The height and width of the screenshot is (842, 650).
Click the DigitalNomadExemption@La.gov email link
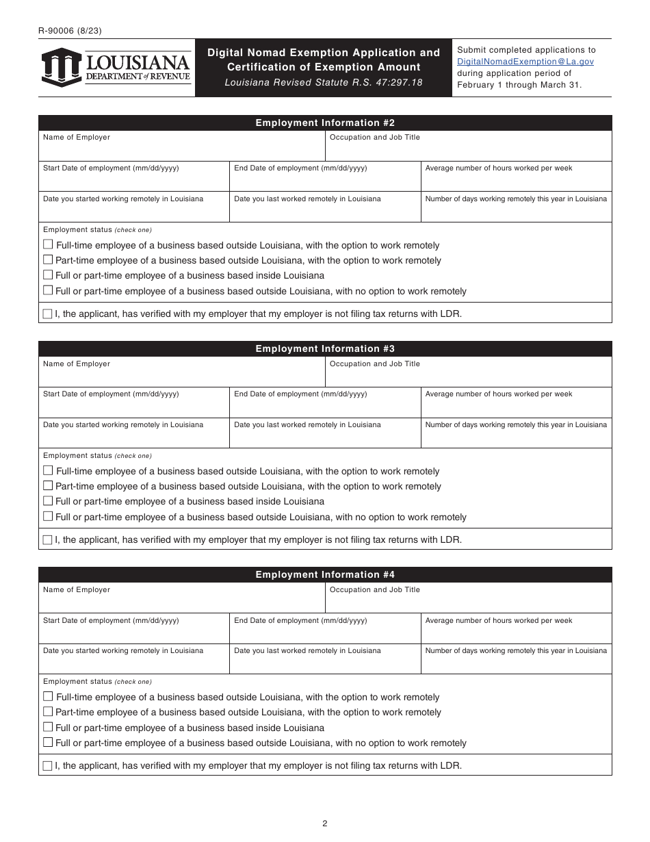(x=525, y=62)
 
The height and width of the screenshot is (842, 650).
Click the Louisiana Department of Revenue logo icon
(x=62, y=67)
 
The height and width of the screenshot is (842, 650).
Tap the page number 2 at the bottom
(x=325, y=824)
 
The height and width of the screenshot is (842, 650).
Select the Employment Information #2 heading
(x=325, y=123)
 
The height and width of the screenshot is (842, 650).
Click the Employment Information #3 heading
(x=325, y=349)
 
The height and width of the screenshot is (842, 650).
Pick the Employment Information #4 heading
(x=325, y=575)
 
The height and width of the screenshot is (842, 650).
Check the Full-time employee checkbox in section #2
(x=48, y=244)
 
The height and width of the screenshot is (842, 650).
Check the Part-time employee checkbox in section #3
(x=48, y=485)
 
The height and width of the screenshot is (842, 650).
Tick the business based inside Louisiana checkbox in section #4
(x=48, y=727)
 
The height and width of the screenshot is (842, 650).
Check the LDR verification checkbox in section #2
(x=47, y=314)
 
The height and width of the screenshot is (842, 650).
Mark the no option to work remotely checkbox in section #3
(x=48, y=516)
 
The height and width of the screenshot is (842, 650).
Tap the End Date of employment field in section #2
(x=324, y=181)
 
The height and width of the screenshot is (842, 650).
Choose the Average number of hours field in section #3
(x=516, y=407)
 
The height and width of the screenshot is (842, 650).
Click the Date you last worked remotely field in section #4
(x=324, y=663)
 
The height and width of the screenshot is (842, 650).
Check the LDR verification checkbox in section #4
(x=47, y=765)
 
